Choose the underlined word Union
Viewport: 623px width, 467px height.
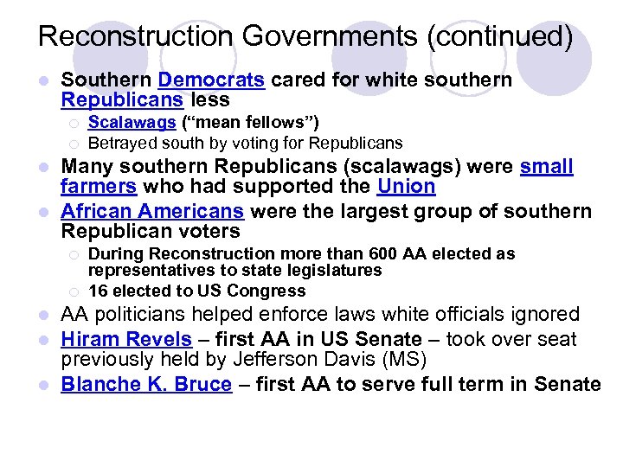coord(406,186)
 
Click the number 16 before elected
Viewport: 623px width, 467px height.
coord(99,291)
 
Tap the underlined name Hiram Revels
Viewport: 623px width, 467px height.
coord(125,340)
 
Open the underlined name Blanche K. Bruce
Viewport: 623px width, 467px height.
coord(146,384)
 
